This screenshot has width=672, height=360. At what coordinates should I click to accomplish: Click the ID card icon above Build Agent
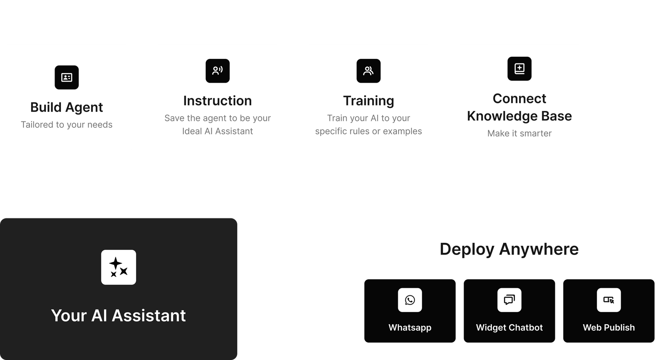coord(67,77)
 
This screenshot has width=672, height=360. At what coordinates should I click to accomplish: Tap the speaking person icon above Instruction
coord(218,71)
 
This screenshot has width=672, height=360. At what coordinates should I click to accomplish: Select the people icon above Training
coord(368,71)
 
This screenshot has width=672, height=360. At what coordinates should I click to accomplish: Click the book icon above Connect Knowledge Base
coord(520,68)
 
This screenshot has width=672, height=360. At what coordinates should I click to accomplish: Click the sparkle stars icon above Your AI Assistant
coord(118,267)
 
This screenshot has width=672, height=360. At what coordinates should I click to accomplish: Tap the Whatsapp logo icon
coord(410,300)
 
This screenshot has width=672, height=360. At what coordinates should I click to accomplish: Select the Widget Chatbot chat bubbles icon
coord(509,300)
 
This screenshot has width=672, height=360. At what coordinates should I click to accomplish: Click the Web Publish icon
coord(609,300)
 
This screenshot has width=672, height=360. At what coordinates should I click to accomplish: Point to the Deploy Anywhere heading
coord(509,249)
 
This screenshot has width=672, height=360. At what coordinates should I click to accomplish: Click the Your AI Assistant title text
coord(118,315)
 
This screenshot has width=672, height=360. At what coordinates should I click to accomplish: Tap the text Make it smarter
coord(520,134)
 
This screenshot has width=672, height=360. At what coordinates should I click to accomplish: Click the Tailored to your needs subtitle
coord(67,125)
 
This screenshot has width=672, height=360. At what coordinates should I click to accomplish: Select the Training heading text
coord(368,101)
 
